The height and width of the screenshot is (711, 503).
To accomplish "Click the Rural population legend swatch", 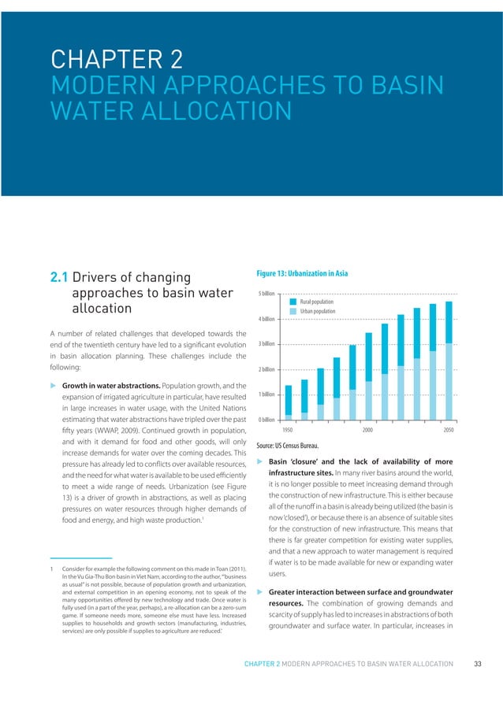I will click(x=293, y=302).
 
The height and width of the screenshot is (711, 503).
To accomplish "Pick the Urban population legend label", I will click(x=318, y=312).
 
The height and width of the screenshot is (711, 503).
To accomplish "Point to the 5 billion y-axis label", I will click(x=266, y=293).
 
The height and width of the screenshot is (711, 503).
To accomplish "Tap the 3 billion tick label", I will click(x=266, y=344).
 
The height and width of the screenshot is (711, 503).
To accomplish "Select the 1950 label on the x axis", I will click(x=289, y=430).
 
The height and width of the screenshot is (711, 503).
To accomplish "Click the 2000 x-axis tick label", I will click(x=368, y=430).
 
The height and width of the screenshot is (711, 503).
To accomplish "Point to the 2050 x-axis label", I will click(x=449, y=430).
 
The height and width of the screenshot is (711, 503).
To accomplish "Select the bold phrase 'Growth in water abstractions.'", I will click(x=109, y=388).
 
